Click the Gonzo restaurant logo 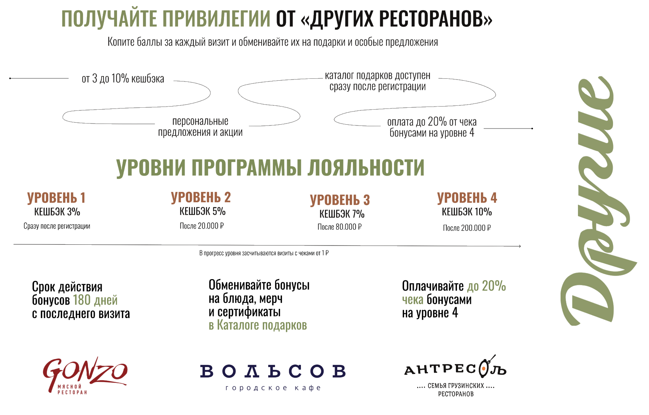pos(85,376)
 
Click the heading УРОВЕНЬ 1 pos(56,198)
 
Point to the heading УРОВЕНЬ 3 pos(340,200)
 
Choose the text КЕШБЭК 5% pos(202,212)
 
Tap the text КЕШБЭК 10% pos(467,212)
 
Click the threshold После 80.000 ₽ pos(340,227)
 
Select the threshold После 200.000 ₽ pos(467,228)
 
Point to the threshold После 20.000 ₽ pos(202,226)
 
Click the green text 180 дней pos(95,300)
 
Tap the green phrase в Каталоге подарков pos(258,325)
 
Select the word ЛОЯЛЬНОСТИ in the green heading pos(366,168)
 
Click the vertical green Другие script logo pos(599,200)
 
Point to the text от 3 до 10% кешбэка pos(123,79)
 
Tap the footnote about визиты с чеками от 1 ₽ pos(264,253)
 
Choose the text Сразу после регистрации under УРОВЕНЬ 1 pos(57,226)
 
